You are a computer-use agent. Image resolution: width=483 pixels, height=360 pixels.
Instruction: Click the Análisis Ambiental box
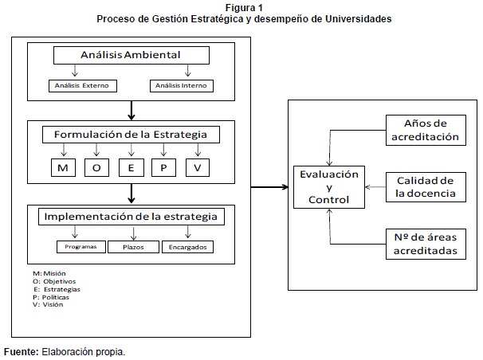point(132,55)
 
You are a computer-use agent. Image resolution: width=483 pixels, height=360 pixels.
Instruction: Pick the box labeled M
point(62,167)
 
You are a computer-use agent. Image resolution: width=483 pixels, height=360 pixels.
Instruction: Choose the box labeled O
point(96,167)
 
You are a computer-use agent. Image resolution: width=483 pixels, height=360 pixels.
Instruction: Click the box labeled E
point(131,167)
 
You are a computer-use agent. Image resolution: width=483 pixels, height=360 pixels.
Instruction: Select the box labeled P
point(163,167)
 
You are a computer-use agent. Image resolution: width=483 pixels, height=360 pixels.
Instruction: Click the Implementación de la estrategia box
point(132,216)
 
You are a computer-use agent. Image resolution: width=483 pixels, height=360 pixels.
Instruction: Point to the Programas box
point(81,247)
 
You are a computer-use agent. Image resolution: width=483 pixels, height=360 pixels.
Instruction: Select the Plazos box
point(133,247)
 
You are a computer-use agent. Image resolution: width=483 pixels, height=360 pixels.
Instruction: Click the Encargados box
point(187,247)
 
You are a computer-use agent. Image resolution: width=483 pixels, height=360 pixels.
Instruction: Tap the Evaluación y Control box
point(329,186)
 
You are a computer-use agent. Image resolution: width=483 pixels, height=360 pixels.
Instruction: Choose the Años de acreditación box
point(425,130)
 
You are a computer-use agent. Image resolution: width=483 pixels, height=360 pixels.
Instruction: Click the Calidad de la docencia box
point(425,186)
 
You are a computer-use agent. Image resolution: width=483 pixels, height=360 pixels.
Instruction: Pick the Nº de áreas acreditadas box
point(425,245)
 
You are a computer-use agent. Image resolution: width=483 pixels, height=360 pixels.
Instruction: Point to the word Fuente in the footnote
point(20,351)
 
